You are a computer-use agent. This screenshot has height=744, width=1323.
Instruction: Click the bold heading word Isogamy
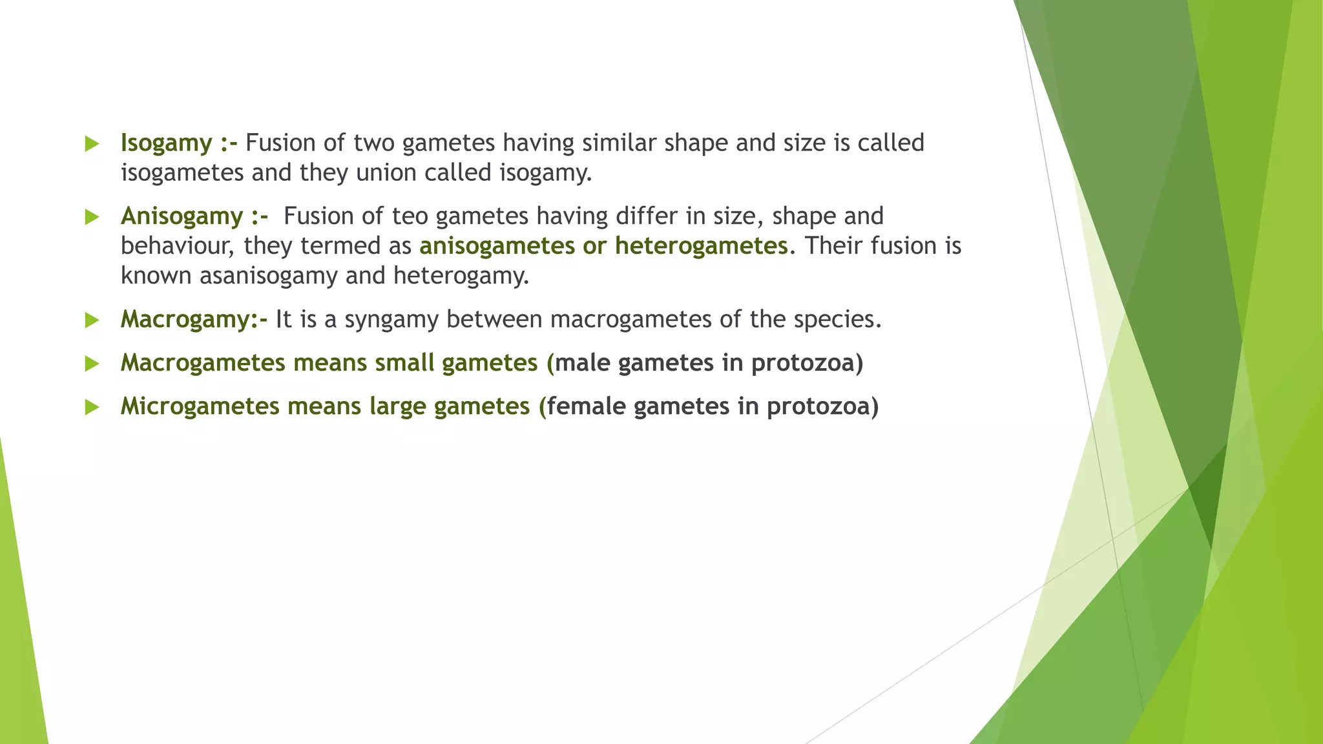tap(166, 143)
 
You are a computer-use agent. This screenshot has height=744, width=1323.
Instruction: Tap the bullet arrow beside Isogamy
tap(92, 143)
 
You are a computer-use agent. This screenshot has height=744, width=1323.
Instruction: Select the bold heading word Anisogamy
tap(182, 216)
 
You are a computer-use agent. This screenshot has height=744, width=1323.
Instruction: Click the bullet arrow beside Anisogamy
tap(92, 217)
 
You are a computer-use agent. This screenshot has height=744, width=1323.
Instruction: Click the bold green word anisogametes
tap(497, 246)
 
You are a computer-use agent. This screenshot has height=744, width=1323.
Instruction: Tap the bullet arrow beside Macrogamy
tap(92, 320)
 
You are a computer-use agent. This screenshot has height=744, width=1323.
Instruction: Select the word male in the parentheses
tap(583, 363)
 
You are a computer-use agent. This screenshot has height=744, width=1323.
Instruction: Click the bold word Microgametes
tap(200, 406)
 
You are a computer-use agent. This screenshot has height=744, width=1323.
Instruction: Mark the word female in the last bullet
tap(587, 406)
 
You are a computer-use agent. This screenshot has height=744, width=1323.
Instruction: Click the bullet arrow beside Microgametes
tap(92, 407)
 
